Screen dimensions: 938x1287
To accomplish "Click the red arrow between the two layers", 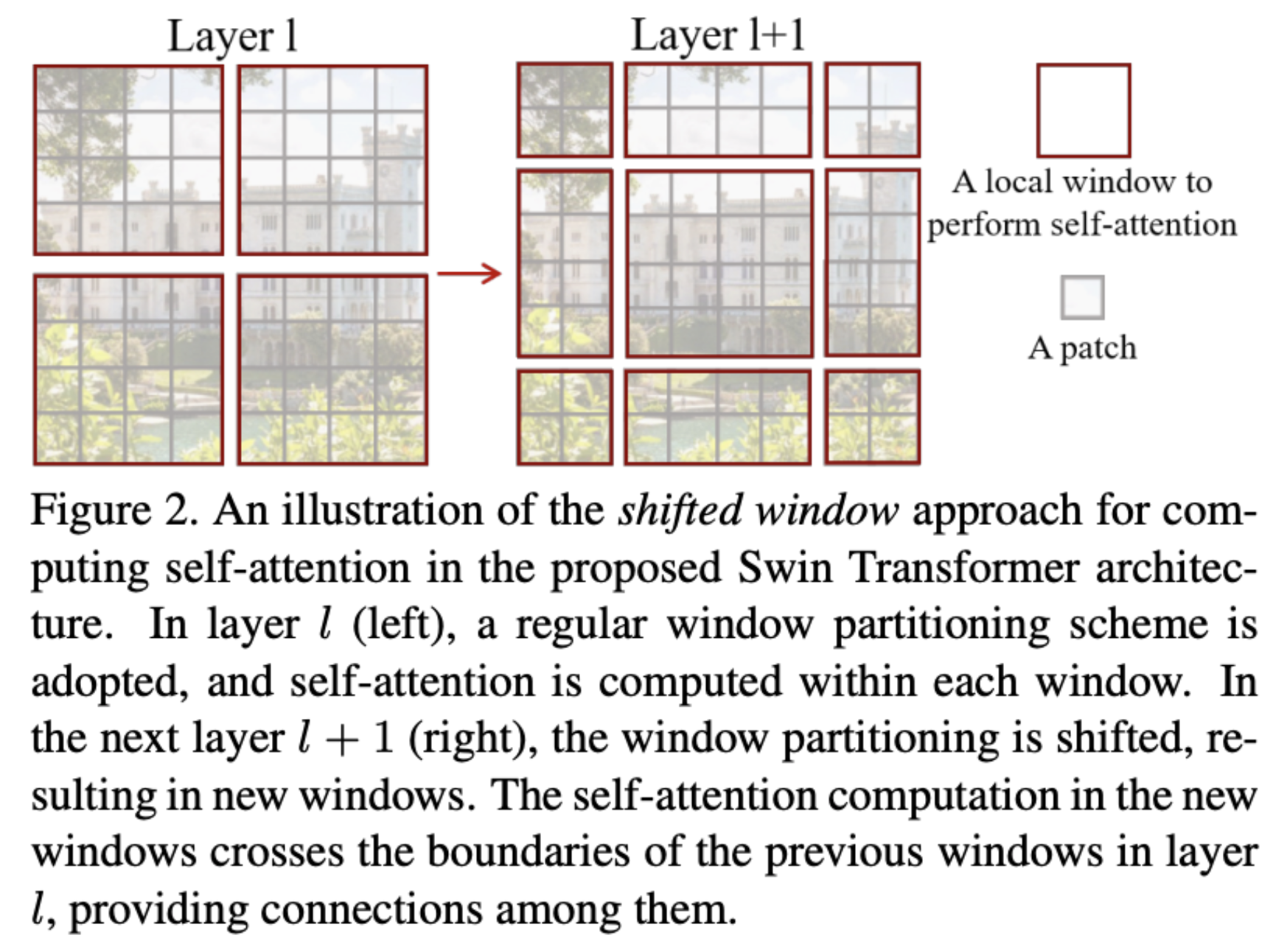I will (x=470, y=274).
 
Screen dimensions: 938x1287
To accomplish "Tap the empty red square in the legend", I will (x=1083, y=111).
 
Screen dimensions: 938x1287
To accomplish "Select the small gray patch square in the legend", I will (x=1082, y=297).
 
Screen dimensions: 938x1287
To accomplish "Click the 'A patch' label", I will (x=1082, y=347).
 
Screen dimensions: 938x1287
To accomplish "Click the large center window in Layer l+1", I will (x=719, y=263).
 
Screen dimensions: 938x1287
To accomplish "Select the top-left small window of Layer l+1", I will (x=565, y=110).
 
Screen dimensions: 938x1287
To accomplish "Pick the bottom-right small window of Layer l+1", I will (x=872, y=417).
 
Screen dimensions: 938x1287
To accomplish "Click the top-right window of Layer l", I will (x=332, y=160).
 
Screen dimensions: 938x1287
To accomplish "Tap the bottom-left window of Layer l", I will (x=128, y=369).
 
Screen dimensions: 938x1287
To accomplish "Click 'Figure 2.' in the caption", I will (x=114, y=510).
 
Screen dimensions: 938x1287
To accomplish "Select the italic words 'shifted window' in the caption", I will (x=758, y=510).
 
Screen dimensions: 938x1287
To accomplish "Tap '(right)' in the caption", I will (x=472, y=738).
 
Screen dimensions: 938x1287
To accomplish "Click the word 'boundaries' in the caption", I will (x=528, y=852).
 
